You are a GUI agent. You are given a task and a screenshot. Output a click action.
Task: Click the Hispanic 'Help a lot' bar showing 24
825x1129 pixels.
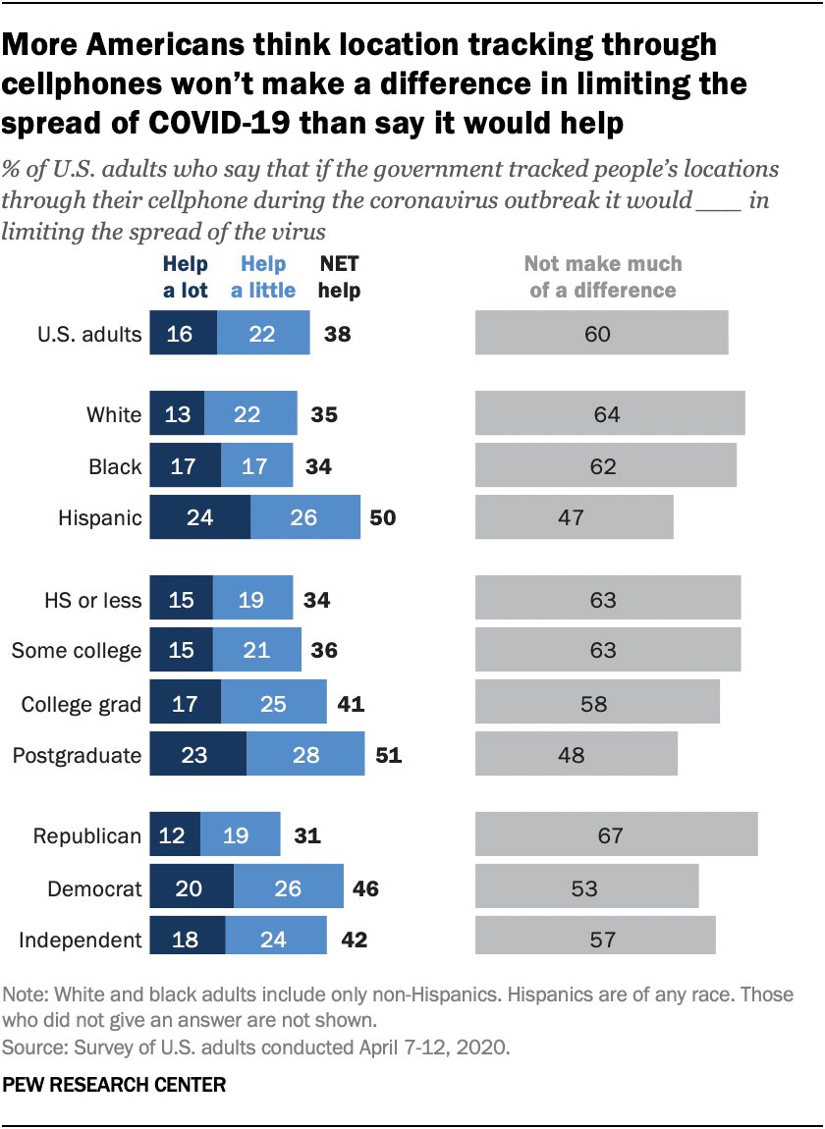pyautogui.click(x=199, y=517)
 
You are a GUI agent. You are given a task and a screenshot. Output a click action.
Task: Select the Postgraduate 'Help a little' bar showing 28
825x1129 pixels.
pyautogui.click(x=305, y=756)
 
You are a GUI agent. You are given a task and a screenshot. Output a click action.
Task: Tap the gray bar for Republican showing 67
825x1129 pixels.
pyautogui.click(x=616, y=835)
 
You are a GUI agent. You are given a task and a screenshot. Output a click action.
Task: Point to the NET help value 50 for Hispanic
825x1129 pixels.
pyautogui.click(x=383, y=517)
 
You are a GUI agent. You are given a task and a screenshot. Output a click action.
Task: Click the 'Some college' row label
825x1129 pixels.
pyautogui.click(x=76, y=650)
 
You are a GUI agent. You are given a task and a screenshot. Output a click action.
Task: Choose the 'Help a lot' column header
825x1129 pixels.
pyautogui.click(x=184, y=277)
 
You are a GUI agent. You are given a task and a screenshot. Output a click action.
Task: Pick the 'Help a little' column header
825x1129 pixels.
pyautogui.click(x=263, y=277)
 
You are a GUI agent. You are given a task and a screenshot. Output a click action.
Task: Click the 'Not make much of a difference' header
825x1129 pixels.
pyautogui.click(x=602, y=277)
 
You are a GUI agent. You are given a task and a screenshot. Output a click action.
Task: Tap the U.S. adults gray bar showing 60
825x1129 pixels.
pyautogui.click(x=601, y=334)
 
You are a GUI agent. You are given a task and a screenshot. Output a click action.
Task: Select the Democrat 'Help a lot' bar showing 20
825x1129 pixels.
pyautogui.click(x=192, y=888)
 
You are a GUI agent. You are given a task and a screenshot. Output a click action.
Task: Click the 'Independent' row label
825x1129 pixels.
pyautogui.click(x=80, y=940)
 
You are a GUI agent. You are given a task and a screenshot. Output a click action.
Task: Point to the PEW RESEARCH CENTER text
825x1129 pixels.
pyautogui.click(x=115, y=1086)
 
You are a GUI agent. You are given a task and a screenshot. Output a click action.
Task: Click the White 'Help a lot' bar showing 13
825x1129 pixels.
pyautogui.click(x=177, y=415)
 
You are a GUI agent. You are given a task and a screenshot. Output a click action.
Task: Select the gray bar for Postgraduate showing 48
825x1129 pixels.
pyautogui.click(x=577, y=756)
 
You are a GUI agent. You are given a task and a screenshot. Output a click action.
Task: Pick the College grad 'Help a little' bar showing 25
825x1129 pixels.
pyautogui.click(x=270, y=703)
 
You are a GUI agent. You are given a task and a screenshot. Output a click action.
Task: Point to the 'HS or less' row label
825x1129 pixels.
pyautogui.click(x=93, y=598)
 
